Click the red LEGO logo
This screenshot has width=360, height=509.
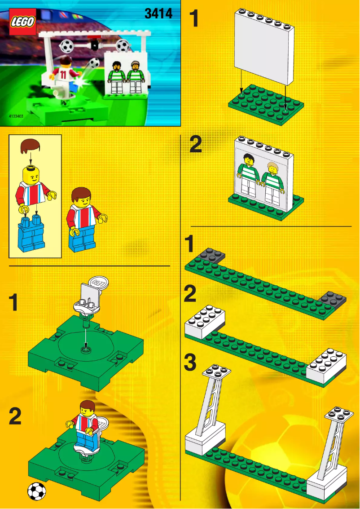tap(22, 22)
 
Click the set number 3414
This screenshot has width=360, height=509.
tap(158, 14)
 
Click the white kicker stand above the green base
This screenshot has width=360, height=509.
tap(90, 299)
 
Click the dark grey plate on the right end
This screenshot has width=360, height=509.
tap(332, 299)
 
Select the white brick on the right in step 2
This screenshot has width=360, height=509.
tap(326, 366)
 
